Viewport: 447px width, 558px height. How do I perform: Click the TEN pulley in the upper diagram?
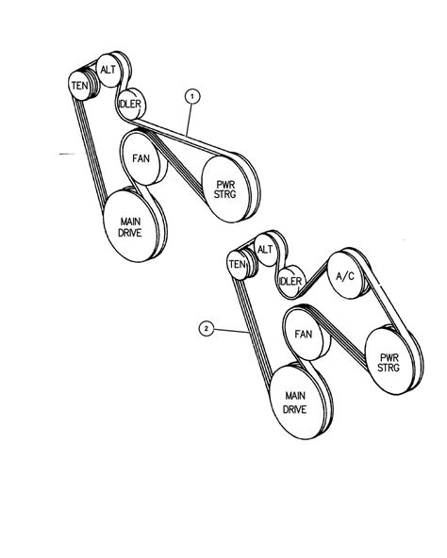coord(80,86)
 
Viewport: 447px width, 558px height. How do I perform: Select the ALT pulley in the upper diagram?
coord(108,70)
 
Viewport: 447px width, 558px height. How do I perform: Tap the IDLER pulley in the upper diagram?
coord(130,104)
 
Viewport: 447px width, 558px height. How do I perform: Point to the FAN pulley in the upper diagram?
coord(141,158)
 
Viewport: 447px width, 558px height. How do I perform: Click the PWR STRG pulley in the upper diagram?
coord(225,189)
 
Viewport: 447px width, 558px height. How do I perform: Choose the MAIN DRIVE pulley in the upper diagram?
coord(130,226)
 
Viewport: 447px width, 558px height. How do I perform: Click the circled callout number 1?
coord(192,96)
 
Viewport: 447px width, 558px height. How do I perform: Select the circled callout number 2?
coord(206,328)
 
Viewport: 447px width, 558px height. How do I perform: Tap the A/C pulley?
coord(345,275)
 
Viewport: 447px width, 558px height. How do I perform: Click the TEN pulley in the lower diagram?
coord(238,265)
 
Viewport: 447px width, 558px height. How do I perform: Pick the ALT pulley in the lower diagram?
coord(265,250)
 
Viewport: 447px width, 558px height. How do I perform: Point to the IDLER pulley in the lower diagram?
coord(290,281)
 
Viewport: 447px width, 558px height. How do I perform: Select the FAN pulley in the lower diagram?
coord(304,335)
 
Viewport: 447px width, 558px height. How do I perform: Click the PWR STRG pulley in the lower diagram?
coord(389,362)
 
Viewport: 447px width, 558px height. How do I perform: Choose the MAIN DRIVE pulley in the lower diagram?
coord(295,402)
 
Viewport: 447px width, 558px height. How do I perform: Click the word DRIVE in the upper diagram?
coord(130,233)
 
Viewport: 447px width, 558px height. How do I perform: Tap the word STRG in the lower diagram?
coord(389,368)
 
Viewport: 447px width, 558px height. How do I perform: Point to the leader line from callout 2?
coord(231,331)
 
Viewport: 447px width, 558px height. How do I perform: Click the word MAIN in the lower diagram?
coord(295,396)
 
